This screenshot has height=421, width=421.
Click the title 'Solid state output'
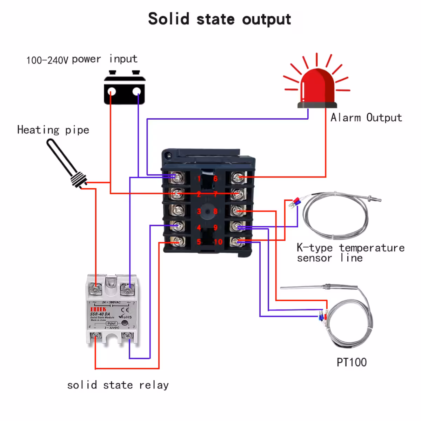click(219, 19)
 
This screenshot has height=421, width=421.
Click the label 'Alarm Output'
click(366, 118)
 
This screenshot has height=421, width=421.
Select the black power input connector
click(125, 90)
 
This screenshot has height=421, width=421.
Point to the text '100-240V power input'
click(82, 59)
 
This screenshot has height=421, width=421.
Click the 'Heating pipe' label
click(53, 130)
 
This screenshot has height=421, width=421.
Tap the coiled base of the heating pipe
click(78, 179)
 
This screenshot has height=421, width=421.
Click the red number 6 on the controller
click(215, 179)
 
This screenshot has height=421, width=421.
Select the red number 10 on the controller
click(218, 242)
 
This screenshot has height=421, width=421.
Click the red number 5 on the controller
click(199, 242)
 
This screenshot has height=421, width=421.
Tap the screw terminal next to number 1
click(177, 178)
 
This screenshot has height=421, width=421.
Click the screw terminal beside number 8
click(238, 210)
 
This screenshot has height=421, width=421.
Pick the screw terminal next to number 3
click(177, 210)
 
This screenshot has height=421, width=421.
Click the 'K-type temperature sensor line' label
click(350, 253)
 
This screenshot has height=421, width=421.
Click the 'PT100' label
click(352, 362)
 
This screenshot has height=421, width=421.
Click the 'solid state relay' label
click(118, 385)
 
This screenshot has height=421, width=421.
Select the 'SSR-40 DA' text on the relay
click(100, 314)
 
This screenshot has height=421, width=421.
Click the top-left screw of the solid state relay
click(95, 289)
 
